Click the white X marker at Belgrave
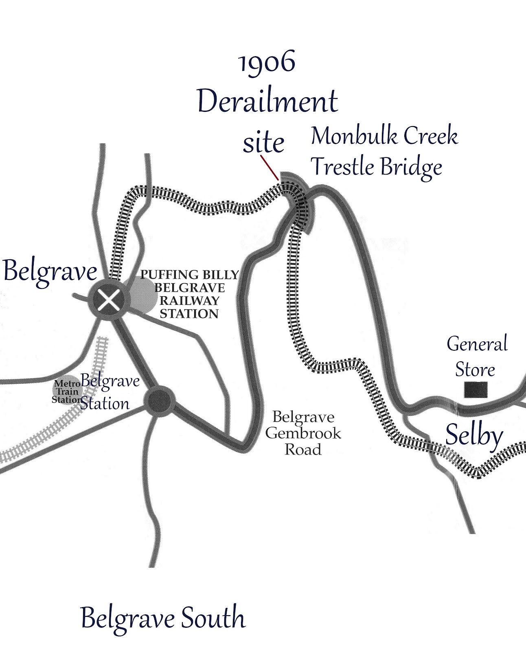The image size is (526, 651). tap(108, 300)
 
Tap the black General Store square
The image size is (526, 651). tap(476, 390)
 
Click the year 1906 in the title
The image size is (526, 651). tap(267, 63)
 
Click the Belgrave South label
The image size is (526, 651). tap(163, 618)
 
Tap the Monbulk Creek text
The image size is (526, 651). tap(384, 136)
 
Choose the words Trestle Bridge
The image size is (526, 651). tap(376, 167)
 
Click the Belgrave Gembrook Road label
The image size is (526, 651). tap(303, 433)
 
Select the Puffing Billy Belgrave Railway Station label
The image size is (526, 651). tap(189, 294)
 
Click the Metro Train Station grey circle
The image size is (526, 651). tap(65, 389)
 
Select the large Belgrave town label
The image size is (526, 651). tap(50, 271)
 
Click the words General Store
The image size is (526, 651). tap(476, 356)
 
